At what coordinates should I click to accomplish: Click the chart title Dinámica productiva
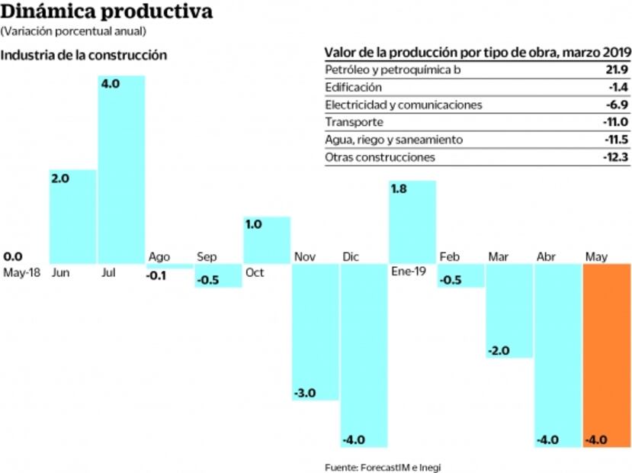pos(106,12)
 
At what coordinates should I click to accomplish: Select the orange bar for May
pos(607,355)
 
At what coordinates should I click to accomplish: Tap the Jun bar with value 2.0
pos(72,217)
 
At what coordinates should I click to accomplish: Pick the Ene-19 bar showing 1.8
pos(412,222)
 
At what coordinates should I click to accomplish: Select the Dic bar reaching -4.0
pos(364,355)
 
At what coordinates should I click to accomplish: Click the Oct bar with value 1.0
pos(266,240)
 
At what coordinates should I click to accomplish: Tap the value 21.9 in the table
pos(616,70)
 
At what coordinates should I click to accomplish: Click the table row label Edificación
pos(354,88)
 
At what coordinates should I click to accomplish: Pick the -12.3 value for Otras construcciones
pos(614,157)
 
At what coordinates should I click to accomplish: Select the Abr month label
pos(546,257)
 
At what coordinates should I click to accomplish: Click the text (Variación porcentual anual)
pos(73,31)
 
